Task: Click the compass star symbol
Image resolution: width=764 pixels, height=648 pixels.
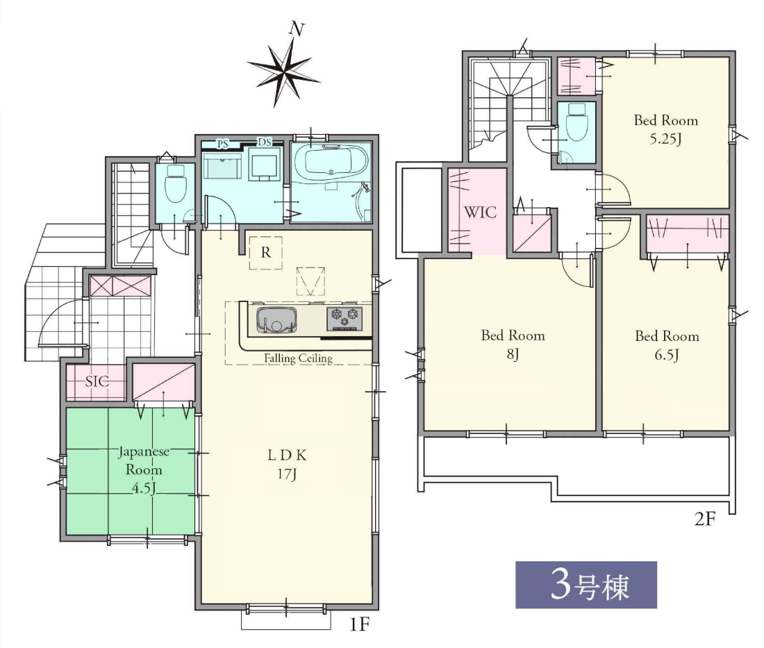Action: pyautogui.click(x=284, y=72)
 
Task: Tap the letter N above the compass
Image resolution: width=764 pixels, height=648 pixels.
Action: pyautogui.click(x=297, y=29)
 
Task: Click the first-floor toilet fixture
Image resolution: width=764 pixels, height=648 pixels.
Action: pyautogui.click(x=175, y=183)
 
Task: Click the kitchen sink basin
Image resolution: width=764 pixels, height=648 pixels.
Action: pyautogui.click(x=276, y=320)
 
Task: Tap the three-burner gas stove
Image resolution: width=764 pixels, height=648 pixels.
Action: pyautogui.click(x=344, y=319)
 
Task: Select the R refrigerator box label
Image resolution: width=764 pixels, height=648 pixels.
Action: pyautogui.click(x=265, y=252)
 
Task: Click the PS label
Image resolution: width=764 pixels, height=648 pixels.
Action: pyautogui.click(x=223, y=144)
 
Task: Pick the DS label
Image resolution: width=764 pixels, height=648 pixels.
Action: pyautogui.click(x=265, y=142)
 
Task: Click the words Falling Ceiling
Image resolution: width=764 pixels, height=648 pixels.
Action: pyautogui.click(x=298, y=358)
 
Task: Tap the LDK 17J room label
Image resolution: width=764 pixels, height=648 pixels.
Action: pyautogui.click(x=287, y=465)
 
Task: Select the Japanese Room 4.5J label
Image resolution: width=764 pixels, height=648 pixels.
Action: pyautogui.click(x=144, y=470)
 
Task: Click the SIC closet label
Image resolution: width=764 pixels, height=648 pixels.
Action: pyautogui.click(x=97, y=381)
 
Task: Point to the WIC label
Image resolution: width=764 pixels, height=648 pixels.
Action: pyautogui.click(x=480, y=213)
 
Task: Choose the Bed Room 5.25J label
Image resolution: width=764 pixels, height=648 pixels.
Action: pyautogui.click(x=665, y=130)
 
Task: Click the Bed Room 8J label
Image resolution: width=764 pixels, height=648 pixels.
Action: pyautogui.click(x=513, y=344)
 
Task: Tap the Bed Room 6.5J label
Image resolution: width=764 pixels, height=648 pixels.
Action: pyautogui.click(x=667, y=345)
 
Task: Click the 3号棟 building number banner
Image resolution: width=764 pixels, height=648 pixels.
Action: pyautogui.click(x=586, y=585)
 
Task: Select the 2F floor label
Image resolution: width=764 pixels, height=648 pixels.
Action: pyautogui.click(x=705, y=520)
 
